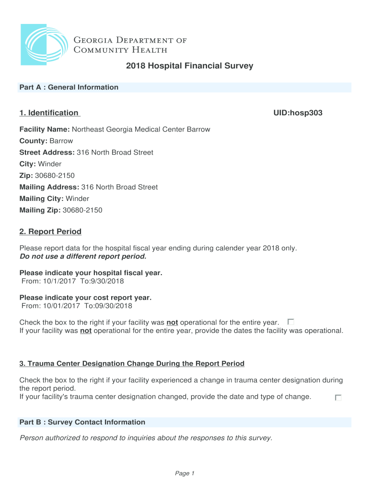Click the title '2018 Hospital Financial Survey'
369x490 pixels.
coord(189,66)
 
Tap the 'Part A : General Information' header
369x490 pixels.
coord(69,87)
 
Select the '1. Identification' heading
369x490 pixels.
coord(49,113)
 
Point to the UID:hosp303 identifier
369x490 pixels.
coord(297,113)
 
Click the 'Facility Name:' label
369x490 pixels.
coord(45,130)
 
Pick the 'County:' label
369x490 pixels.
coord(33,141)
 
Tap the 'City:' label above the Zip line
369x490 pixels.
coord(27,164)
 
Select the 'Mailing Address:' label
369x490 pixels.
coord(49,187)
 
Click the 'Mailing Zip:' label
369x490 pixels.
coord(40,210)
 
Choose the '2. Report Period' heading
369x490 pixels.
coord(50,232)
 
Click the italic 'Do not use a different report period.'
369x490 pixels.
coord(82,256)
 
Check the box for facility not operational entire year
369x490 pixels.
coord(291,322)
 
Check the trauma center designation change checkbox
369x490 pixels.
coord(338,397)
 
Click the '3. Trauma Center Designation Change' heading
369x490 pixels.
coord(132,364)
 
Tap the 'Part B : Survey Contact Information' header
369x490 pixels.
coord(82,422)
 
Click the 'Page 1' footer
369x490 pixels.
coord(184,473)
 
